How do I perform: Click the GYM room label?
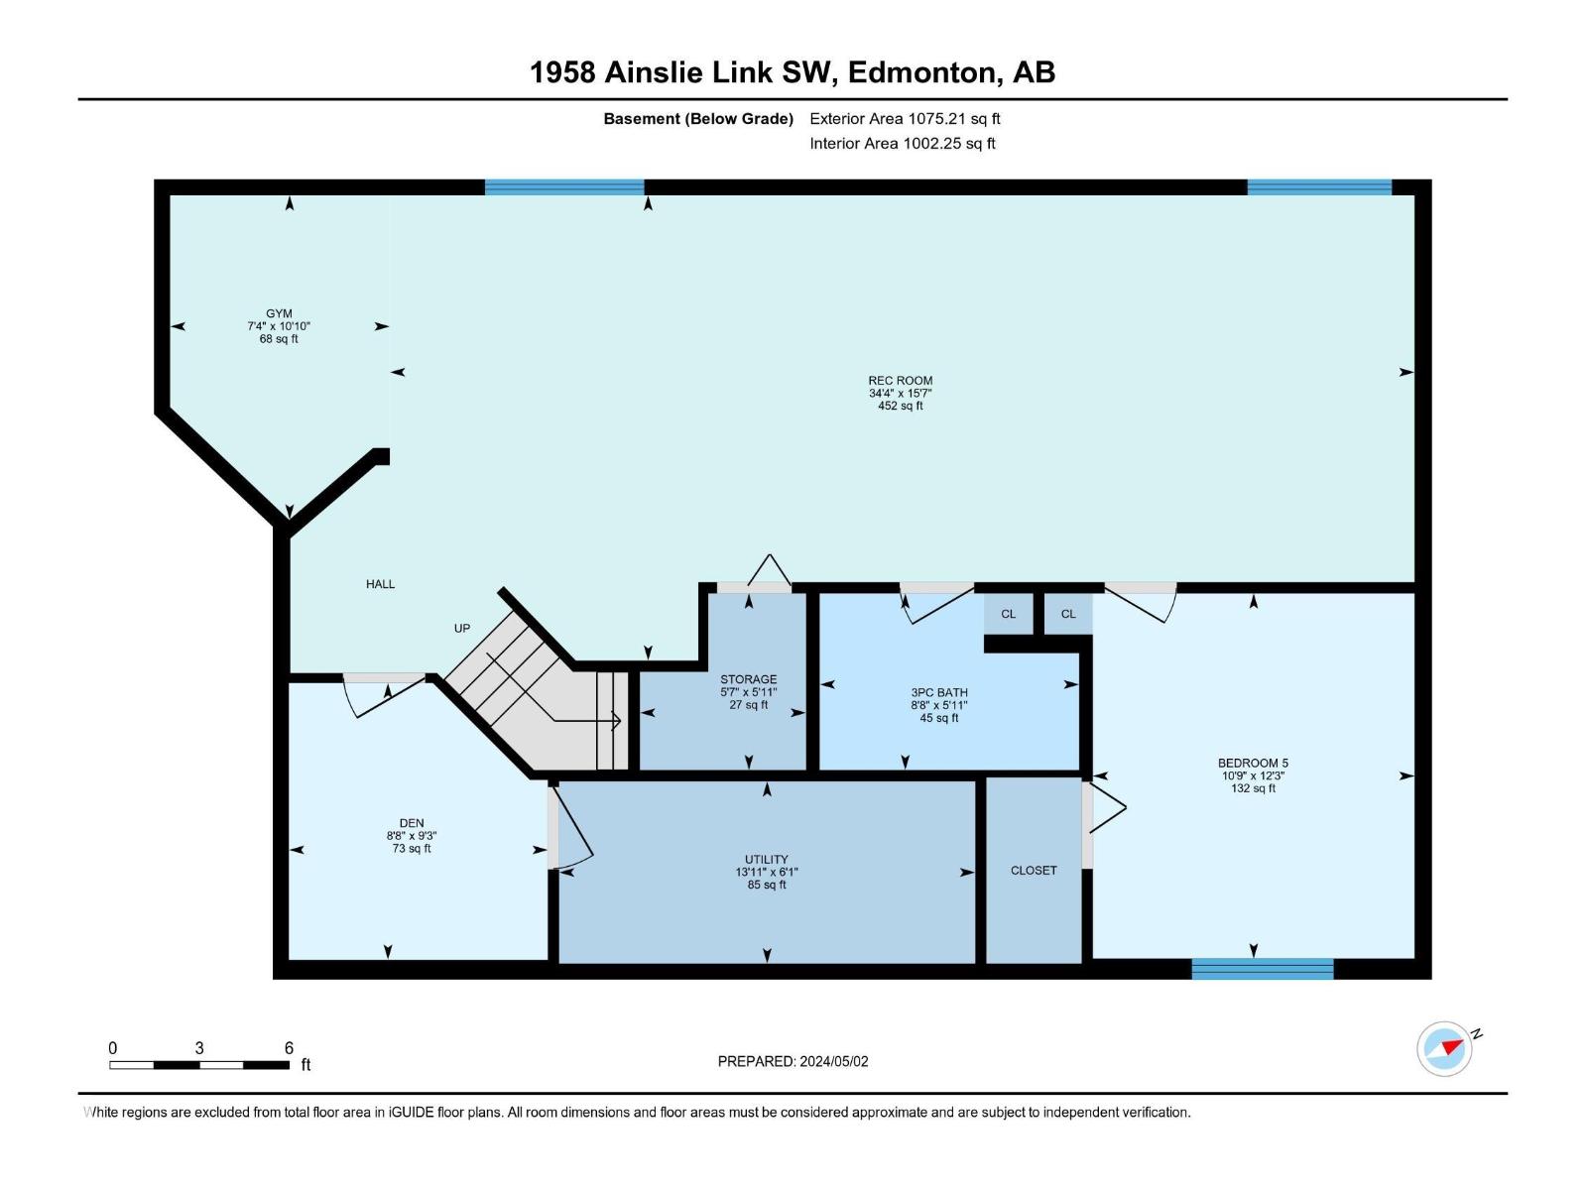(279, 313)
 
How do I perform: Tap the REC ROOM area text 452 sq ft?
(900, 406)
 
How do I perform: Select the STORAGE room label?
(748, 679)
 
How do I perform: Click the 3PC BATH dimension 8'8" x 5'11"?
(938, 705)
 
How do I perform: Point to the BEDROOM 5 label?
(1253, 763)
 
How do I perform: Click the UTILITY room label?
(766, 860)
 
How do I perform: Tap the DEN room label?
(412, 823)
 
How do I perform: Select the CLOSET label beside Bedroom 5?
(1034, 870)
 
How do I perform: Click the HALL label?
(380, 584)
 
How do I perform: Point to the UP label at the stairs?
(462, 628)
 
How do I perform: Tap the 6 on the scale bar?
(289, 1048)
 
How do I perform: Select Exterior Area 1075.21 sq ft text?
(905, 118)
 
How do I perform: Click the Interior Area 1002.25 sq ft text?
(902, 143)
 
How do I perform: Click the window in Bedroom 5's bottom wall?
(1262, 969)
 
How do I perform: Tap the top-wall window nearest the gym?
(564, 186)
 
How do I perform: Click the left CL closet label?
(1008, 614)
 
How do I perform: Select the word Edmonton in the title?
(921, 72)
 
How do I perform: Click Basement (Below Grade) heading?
(698, 118)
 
